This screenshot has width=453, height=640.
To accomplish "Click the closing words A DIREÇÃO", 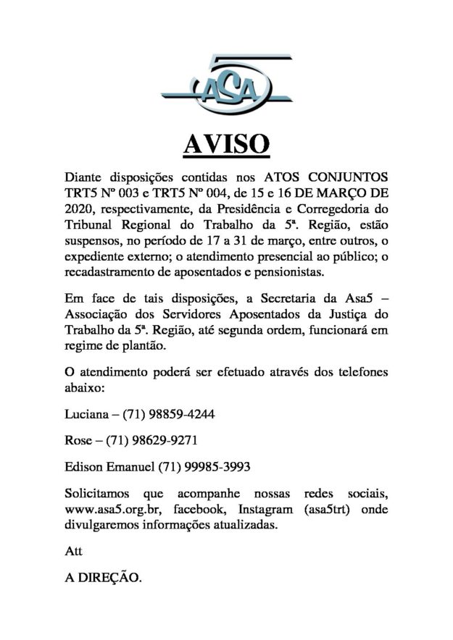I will [104, 579].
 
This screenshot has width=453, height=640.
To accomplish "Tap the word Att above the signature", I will [74, 552].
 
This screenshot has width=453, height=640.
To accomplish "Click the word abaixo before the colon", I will [83, 388].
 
